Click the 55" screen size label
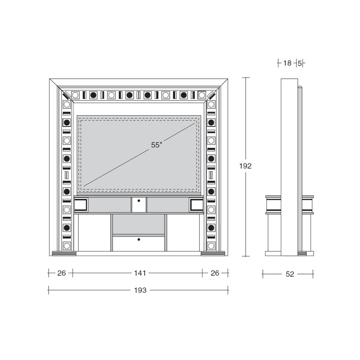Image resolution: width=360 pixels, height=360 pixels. [157, 145]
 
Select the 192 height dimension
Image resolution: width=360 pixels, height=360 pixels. [245, 166]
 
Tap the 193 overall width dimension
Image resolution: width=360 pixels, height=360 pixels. [140, 290]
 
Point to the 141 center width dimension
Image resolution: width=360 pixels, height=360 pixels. [140, 273]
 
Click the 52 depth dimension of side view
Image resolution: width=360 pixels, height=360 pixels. [290, 274]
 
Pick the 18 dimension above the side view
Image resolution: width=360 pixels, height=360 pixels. [287, 63]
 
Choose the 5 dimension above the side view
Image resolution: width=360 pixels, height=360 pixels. [300, 63]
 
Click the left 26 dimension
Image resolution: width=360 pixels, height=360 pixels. [62, 273]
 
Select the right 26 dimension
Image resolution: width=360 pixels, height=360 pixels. [215, 273]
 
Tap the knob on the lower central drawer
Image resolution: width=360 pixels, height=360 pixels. [139, 239]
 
